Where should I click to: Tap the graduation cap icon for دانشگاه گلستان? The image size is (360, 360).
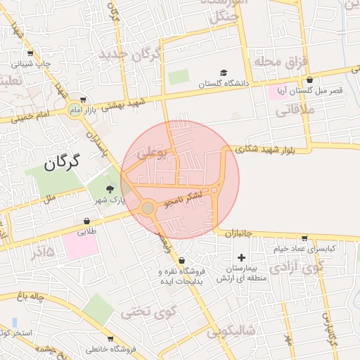(x=224, y=73)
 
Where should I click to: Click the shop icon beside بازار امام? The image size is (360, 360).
(x=84, y=100)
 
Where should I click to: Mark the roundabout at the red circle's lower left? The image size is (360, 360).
(x=147, y=207)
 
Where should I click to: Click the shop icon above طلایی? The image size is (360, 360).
(x=86, y=221)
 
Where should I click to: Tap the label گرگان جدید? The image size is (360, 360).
(x=130, y=54)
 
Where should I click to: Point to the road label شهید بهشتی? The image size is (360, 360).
(x=123, y=105)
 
